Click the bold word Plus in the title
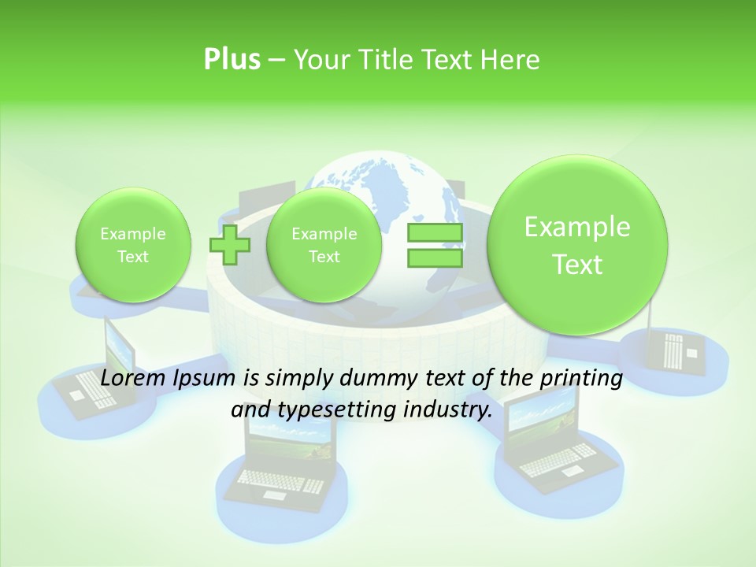tap(232, 60)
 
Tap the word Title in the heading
tap(386, 60)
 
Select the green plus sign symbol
tap(229, 245)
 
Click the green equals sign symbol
tap(435, 245)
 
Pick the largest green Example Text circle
tap(577, 245)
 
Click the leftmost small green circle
tap(133, 245)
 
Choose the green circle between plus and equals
tap(324, 245)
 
